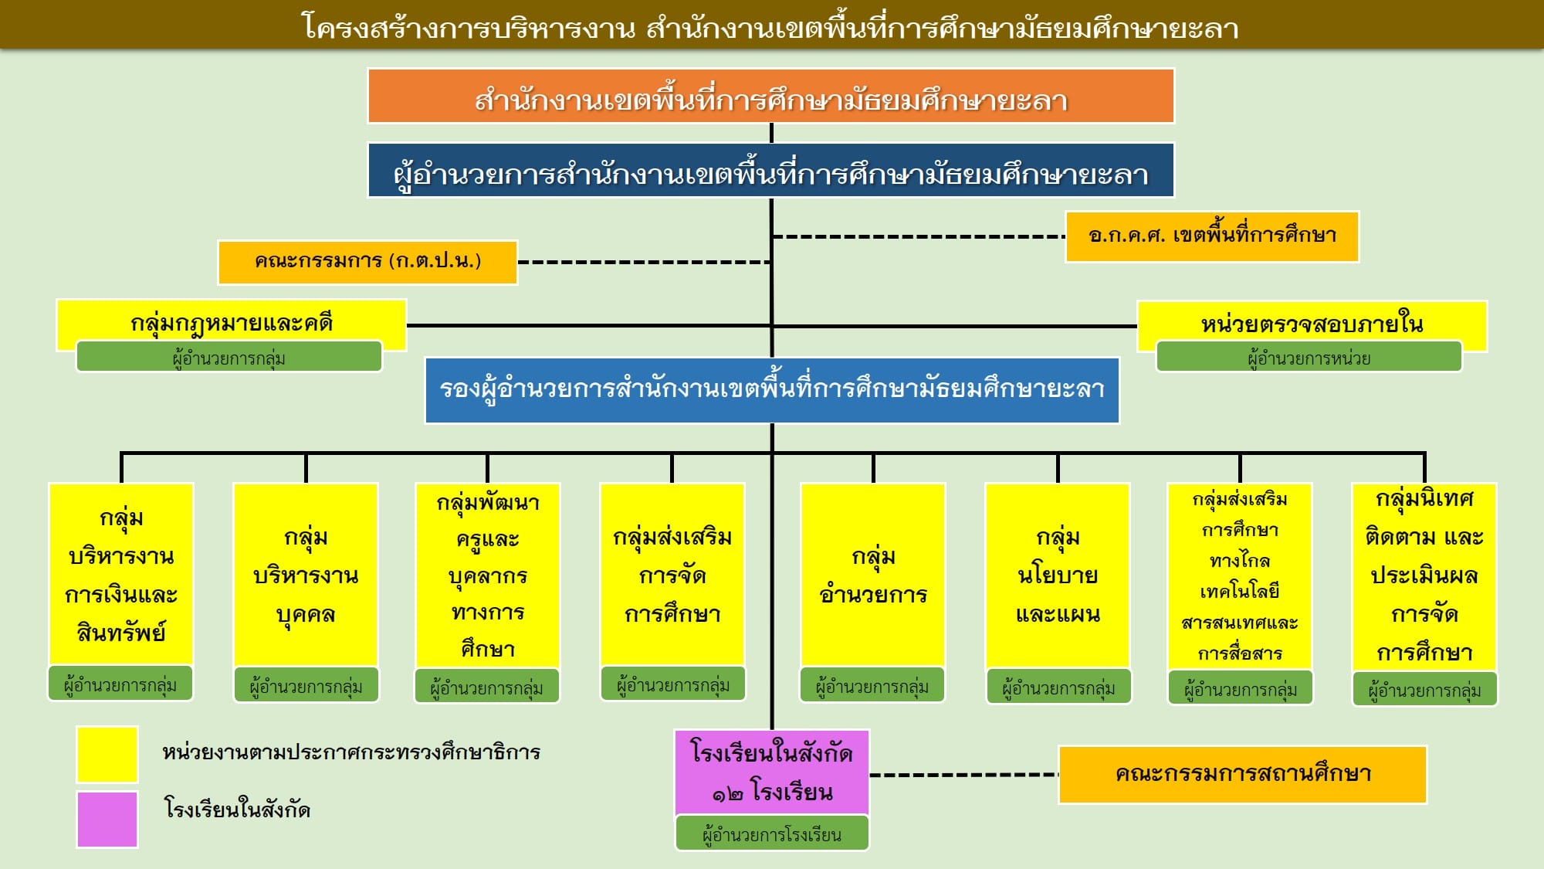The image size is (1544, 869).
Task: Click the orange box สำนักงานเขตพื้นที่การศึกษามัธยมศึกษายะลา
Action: (770, 96)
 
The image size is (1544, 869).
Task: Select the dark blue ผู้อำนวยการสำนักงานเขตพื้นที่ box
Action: (770, 171)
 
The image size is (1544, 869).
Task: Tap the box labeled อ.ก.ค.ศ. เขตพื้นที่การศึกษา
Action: (1211, 236)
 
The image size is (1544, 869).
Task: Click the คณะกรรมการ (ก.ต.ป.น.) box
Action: (367, 262)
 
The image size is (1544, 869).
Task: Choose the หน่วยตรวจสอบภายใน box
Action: (1312, 322)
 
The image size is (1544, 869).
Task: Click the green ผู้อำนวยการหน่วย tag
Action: (1309, 358)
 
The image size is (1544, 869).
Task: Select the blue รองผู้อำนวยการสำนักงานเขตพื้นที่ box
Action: (772, 389)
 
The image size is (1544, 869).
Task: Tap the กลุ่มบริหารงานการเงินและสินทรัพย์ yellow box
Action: (121, 575)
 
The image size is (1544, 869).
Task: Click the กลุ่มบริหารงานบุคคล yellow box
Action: (306, 575)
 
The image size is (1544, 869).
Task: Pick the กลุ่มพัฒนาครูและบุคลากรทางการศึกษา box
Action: (487, 575)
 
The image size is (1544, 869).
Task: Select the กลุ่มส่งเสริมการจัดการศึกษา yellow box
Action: (672, 575)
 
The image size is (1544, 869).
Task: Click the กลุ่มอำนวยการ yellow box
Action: (873, 575)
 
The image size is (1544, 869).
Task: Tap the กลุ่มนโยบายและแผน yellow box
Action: (1058, 575)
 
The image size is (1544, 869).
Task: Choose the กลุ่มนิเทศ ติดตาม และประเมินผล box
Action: (1424, 575)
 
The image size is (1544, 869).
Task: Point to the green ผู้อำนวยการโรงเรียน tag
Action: (772, 834)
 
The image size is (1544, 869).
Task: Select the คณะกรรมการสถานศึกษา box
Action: (1242, 774)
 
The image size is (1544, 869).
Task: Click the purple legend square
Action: (107, 819)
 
